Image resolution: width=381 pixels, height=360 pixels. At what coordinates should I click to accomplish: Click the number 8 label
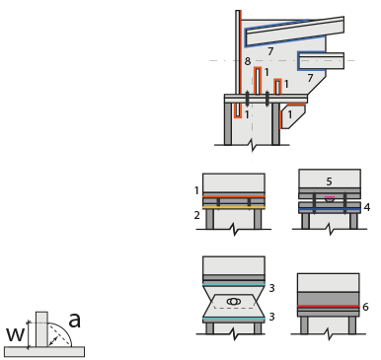248,61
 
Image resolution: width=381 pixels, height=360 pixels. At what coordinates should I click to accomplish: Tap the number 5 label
329,181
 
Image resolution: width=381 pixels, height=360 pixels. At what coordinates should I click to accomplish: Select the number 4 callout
367,207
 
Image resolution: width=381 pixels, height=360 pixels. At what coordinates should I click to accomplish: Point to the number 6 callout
365,307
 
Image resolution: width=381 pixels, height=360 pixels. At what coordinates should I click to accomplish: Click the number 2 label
196,215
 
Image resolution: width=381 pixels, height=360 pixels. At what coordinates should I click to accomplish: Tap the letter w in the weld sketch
15,334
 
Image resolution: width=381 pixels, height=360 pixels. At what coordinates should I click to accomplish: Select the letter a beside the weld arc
75,320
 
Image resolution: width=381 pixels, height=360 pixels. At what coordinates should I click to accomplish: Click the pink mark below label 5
330,198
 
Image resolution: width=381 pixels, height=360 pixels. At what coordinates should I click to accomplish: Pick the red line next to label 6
329,306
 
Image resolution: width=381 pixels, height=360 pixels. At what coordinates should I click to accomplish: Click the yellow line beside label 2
234,208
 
